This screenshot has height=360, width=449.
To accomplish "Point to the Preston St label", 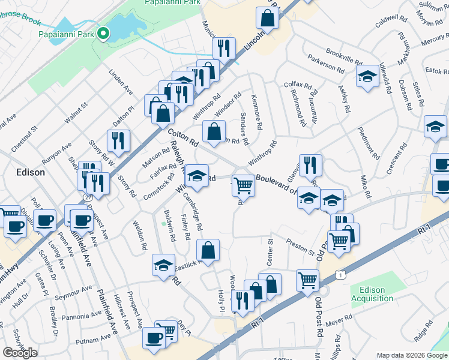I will (300, 247).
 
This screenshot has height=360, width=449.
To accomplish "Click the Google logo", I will (20, 352).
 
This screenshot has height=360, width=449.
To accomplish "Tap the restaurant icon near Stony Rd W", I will (118, 141).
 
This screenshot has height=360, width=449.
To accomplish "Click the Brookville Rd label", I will (344, 56).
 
